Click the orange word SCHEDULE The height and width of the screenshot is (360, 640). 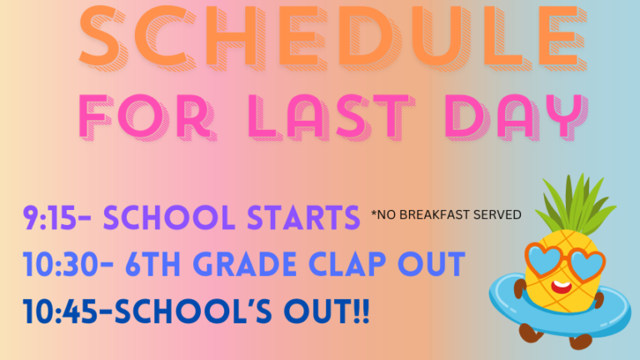(x=332, y=36)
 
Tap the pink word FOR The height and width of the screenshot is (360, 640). (x=147, y=117)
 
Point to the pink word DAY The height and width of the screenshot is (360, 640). (x=517, y=117)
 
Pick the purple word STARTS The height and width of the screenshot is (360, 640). (x=303, y=217)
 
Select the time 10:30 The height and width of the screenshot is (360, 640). (x=60, y=264)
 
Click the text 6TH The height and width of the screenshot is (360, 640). (x=152, y=264)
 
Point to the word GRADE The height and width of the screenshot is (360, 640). (x=245, y=264)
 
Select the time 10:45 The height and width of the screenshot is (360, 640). (x=60, y=312)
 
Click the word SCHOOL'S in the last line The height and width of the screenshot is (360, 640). (x=192, y=312)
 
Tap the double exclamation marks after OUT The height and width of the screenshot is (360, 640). (x=361, y=312)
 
